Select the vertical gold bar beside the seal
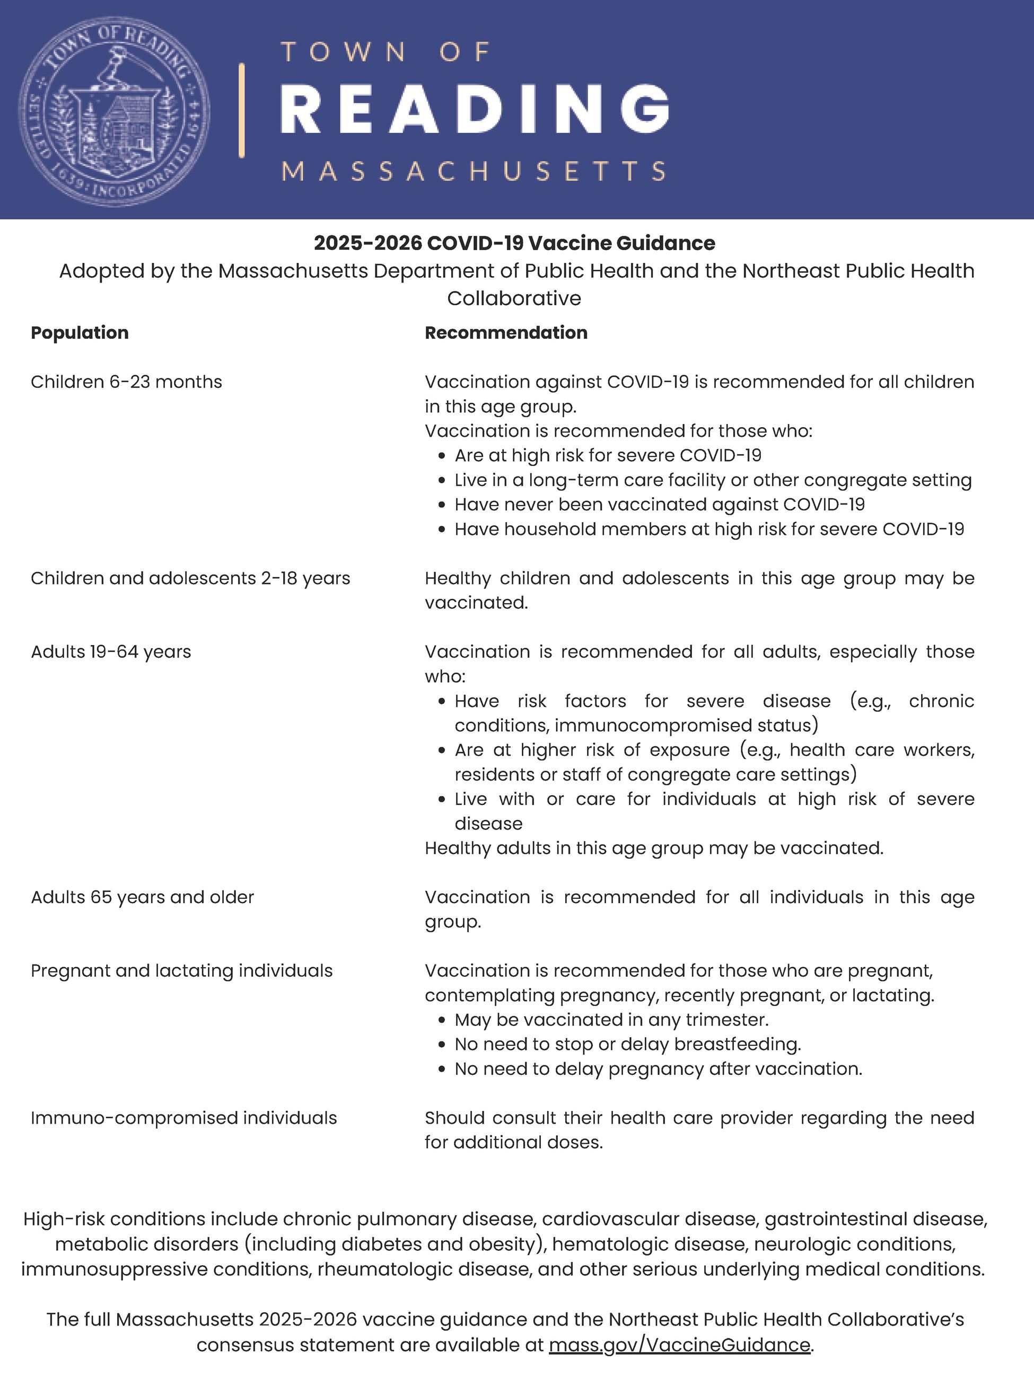tap(241, 110)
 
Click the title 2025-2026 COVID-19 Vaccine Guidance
tap(514, 243)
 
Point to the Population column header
tap(80, 333)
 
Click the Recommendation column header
tap(506, 333)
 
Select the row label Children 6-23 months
tap(127, 382)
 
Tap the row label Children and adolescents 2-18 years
tap(190, 578)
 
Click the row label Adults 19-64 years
tap(111, 651)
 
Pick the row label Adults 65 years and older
tap(142, 897)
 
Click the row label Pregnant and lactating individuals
tap(181, 970)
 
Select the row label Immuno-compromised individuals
tap(183, 1118)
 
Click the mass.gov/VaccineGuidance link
tap(680, 1345)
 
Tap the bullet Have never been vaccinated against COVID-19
tap(660, 505)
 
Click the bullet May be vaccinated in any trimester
tap(611, 1020)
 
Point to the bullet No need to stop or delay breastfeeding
tap(628, 1044)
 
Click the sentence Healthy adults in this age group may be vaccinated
tap(654, 848)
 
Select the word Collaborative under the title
tap(514, 298)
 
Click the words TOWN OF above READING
tap(387, 52)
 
